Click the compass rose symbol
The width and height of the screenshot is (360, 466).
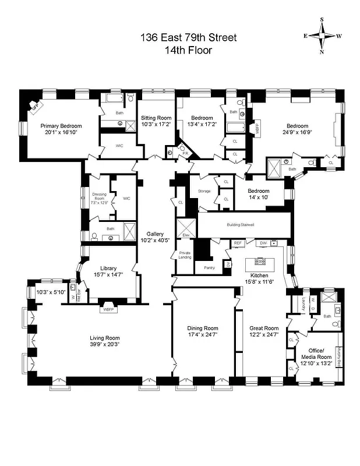[322, 36]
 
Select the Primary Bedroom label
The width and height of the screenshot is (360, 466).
[61, 126]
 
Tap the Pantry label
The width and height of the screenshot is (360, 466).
[210, 267]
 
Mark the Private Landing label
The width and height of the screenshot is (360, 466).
[184, 255]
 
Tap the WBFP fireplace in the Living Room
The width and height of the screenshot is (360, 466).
[108, 309]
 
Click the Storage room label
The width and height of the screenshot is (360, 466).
[204, 190]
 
